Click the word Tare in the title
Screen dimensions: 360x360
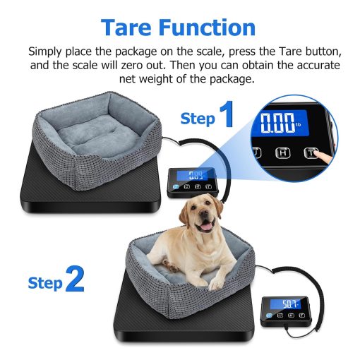tap(126, 27)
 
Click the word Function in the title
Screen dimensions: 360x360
tap(208, 27)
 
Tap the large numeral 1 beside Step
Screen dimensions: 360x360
tap(227, 114)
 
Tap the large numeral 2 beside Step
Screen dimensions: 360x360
tap(75, 279)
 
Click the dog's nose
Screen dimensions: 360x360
tap(203, 214)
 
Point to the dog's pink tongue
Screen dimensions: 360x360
tap(207, 227)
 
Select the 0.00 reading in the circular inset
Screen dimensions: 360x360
tap(277, 122)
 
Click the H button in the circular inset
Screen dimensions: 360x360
tap(282, 153)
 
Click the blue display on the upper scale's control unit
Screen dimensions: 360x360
tap(193, 175)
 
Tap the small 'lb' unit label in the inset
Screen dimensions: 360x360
tap(298, 124)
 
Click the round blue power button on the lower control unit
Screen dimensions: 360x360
tap(269, 316)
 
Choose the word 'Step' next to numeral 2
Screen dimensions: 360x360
tap(45, 283)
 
